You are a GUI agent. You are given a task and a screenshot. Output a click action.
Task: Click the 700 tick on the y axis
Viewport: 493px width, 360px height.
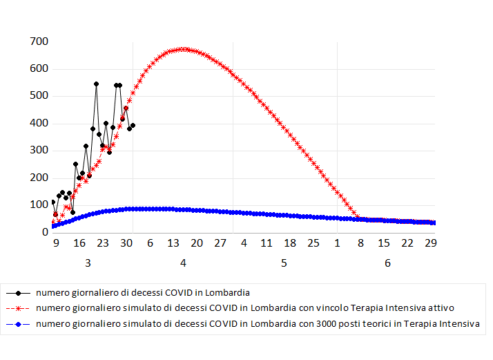tap(38, 41)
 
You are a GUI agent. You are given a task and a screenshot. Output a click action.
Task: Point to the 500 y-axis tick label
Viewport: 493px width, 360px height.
tap(38, 96)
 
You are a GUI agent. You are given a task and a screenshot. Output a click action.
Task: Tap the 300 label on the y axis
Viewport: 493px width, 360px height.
tap(38, 151)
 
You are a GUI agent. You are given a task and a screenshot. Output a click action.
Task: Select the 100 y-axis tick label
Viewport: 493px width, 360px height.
tap(38, 205)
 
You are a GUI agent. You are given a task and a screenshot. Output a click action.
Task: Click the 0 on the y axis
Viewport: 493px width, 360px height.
tap(43, 232)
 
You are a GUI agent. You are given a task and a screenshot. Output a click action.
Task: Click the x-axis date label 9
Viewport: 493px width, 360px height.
tap(55, 243)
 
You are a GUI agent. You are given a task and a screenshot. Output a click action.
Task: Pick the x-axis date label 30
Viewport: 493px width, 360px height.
tap(126, 243)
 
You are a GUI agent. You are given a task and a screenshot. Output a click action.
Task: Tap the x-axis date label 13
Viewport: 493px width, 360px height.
tap(173, 243)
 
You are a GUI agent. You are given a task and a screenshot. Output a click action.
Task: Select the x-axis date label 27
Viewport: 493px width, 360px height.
tap(220, 243)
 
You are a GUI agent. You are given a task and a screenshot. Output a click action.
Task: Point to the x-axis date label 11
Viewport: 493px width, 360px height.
tap(267, 243)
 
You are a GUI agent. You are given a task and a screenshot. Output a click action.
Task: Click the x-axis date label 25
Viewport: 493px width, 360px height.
tap(313, 243)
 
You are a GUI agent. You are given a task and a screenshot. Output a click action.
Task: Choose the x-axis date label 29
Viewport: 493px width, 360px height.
tap(431, 243)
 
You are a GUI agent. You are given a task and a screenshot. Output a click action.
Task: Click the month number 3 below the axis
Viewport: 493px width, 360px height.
tap(88, 263)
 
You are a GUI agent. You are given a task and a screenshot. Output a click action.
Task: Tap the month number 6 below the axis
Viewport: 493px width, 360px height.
tap(387, 263)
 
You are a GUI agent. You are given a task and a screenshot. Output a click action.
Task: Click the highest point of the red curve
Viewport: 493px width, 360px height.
tap(183, 49)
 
